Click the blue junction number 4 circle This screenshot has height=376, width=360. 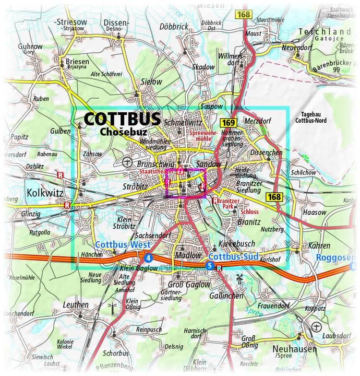tap(149, 257)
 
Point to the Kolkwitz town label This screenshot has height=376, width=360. tap(44, 194)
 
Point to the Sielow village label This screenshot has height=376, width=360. tap(152, 82)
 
